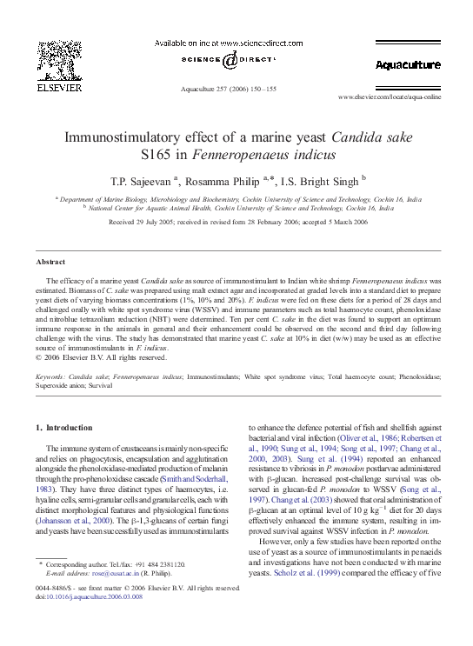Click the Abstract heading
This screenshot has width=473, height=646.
(x=50, y=262)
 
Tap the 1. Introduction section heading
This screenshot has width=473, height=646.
(x=63, y=428)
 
